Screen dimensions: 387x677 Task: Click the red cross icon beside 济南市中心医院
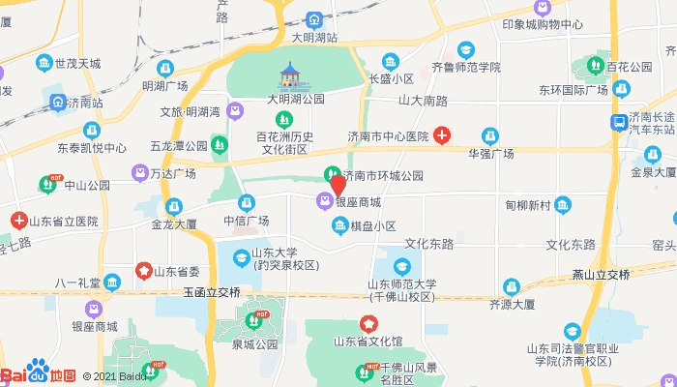click(x=441, y=136)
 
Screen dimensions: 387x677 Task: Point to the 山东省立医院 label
click(x=64, y=221)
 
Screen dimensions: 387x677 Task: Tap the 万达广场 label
click(x=173, y=173)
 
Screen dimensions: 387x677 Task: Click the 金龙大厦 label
click(x=174, y=223)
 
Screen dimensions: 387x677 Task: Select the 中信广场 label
click(x=246, y=221)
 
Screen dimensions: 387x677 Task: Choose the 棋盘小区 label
click(x=372, y=226)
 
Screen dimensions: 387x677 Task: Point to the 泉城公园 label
click(x=254, y=342)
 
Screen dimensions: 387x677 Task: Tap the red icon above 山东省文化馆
click(x=368, y=322)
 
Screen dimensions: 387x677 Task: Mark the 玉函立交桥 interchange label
click(x=211, y=291)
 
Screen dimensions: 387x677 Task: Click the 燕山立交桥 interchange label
click(x=601, y=275)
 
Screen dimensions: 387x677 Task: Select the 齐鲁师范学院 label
click(x=466, y=68)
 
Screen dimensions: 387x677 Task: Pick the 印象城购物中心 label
click(x=543, y=25)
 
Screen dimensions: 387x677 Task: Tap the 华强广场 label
click(x=490, y=154)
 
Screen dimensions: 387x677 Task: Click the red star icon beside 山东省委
click(x=144, y=271)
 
